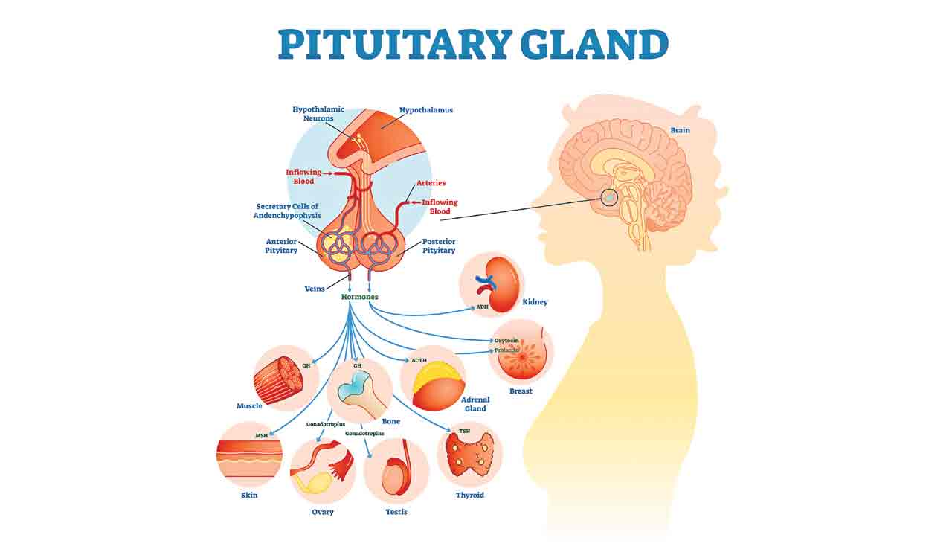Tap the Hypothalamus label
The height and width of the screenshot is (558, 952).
[425, 110]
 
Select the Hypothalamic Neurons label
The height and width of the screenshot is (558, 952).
[318, 114]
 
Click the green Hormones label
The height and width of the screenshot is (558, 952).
[359, 297]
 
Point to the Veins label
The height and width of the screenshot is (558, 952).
[315, 289]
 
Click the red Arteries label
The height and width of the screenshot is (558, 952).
[431, 182]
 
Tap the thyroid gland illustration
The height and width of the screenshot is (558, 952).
[470, 455]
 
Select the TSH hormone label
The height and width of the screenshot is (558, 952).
[465, 431]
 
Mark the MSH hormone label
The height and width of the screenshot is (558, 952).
[261, 435]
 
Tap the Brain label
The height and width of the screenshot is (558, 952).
[680, 130]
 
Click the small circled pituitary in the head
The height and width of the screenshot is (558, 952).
[609, 197]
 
